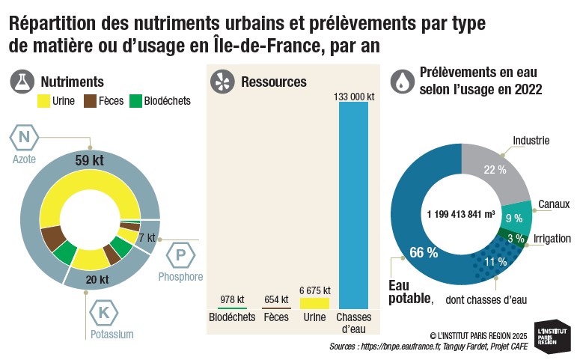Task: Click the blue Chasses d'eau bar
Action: click(353, 205)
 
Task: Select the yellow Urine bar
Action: click(314, 303)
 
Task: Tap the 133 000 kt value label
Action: click(353, 96)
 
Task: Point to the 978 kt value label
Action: click(233, 299)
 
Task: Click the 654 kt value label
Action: click(276, 299)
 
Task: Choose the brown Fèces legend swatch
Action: click(90, 101)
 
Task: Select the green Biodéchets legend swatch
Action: click(136, 101)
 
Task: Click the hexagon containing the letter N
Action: click(24, 137)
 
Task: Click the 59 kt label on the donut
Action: click(89, 160)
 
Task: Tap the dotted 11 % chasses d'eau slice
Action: click(491, 261)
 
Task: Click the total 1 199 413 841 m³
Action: click(461, 214)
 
